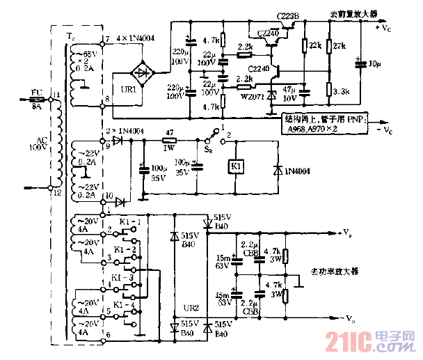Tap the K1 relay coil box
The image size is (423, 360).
pos(236,167)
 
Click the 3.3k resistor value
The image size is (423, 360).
pos(342,91)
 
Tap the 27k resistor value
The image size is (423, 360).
pos(340,46)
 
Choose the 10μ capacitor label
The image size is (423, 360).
pos(374,63)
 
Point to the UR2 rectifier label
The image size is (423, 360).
pos(190,307)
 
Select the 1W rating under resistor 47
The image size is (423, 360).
pos(168,148)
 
